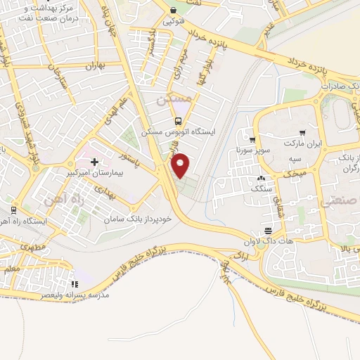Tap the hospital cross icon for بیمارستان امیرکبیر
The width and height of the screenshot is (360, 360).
click(x=94, y=142)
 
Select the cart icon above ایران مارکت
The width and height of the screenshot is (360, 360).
click(x=302, y=132)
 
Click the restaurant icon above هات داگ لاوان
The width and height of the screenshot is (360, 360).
click(x=268, y=231)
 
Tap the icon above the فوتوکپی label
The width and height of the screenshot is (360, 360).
click(x=172, y=11)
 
